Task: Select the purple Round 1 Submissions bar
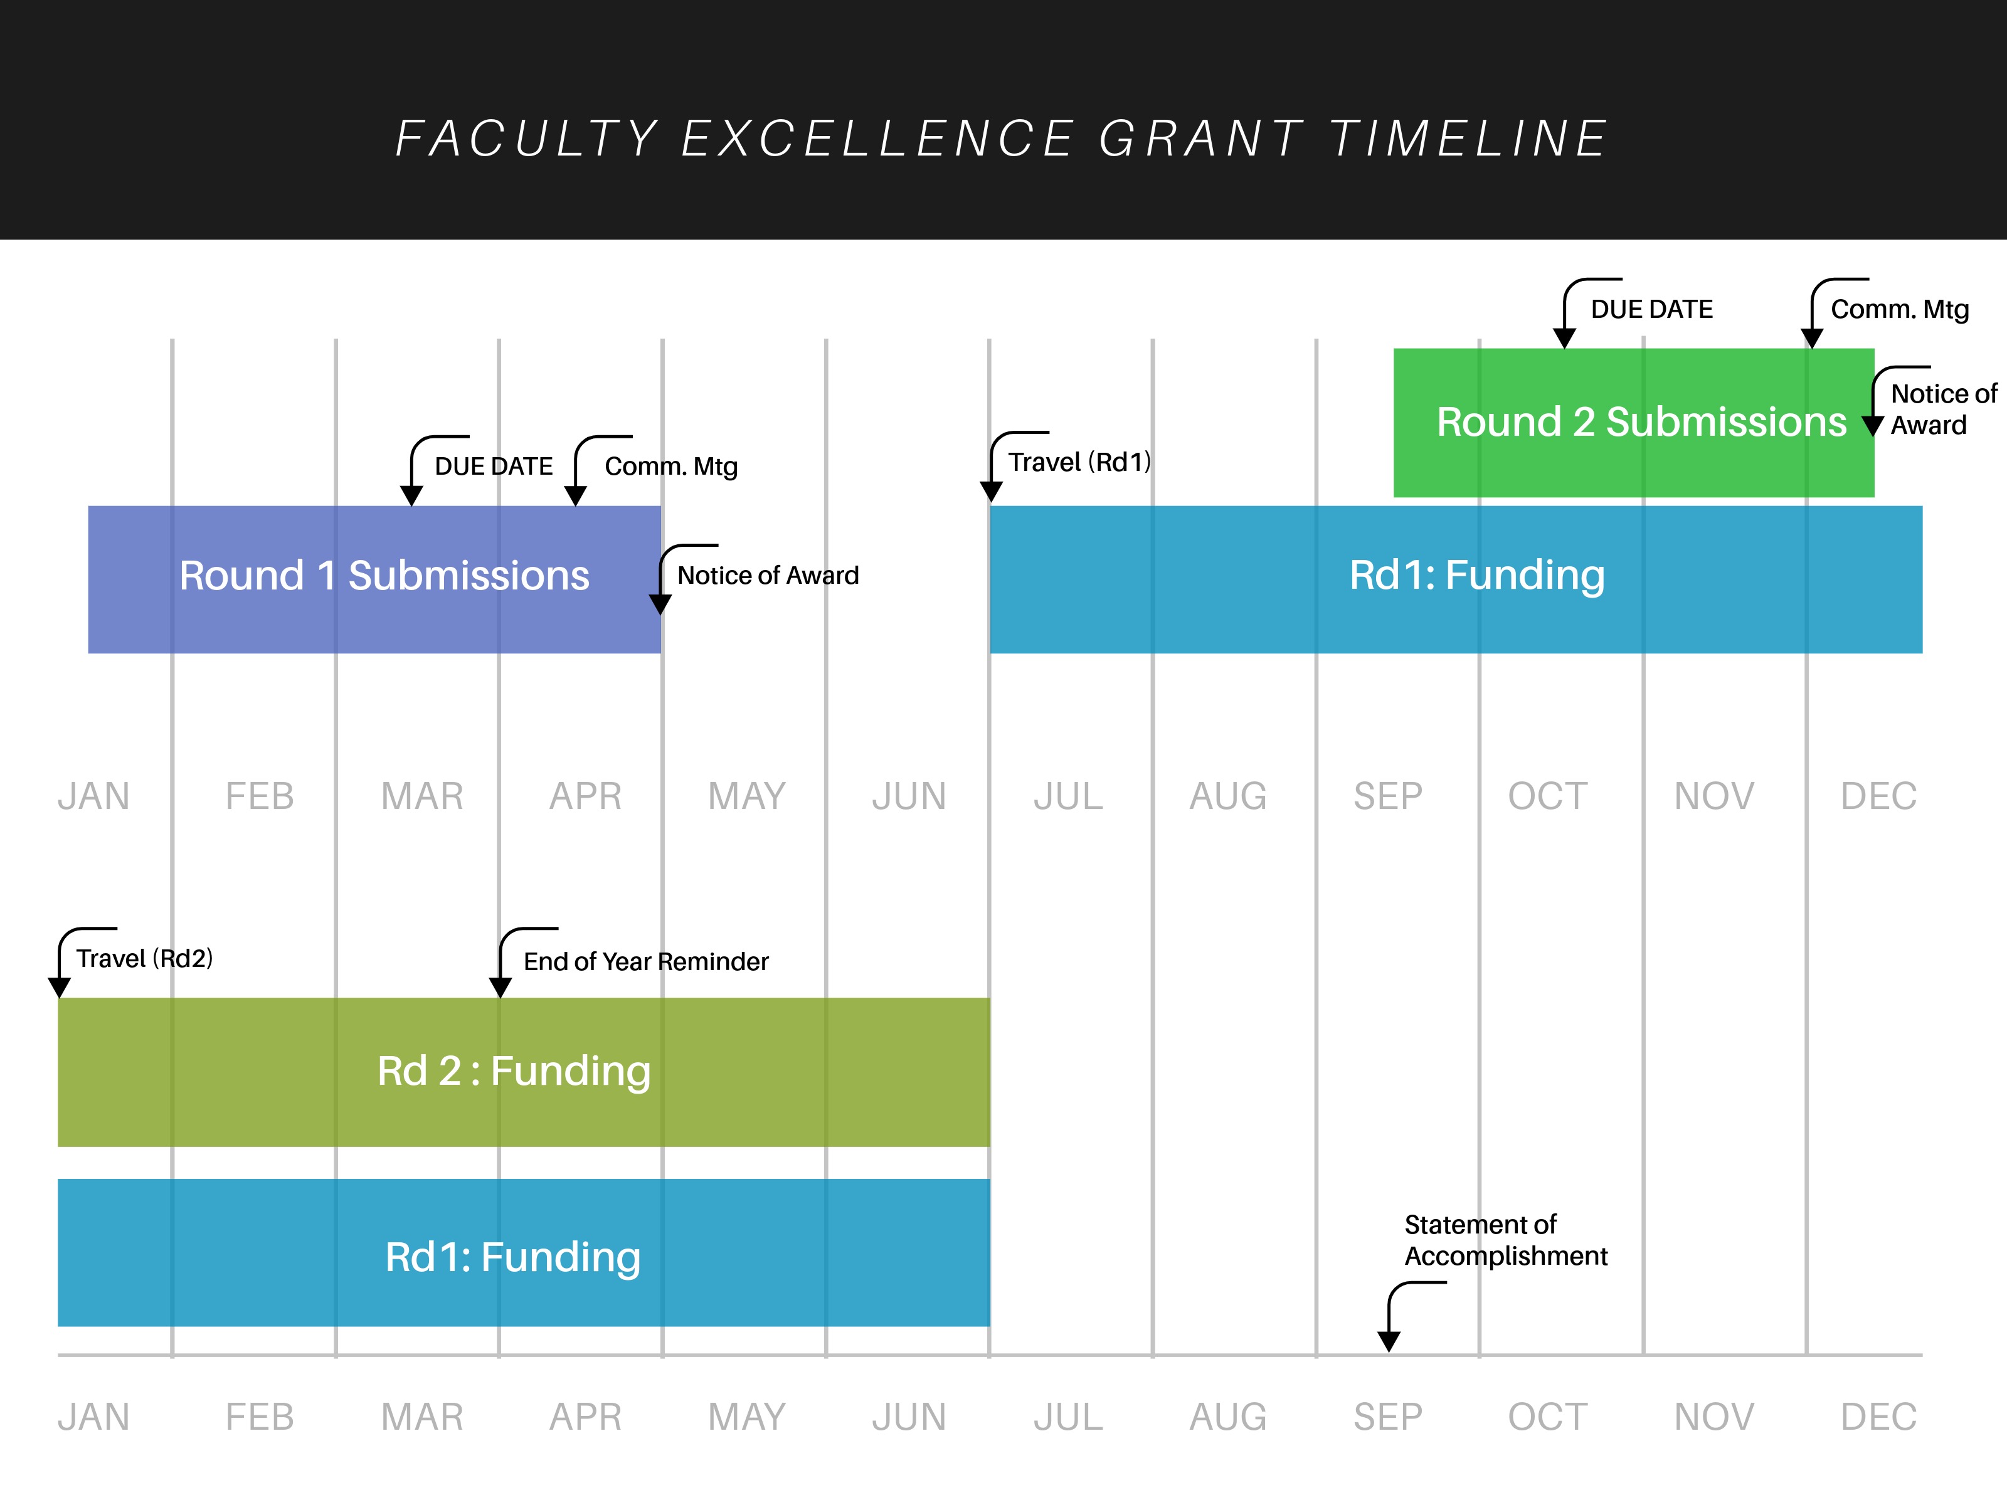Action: coord(374,579)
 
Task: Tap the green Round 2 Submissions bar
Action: coord(1633,423)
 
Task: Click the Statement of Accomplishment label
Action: coord(1505,1240)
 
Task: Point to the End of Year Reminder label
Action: coord(645,961)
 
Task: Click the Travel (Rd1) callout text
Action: coord(1079,463)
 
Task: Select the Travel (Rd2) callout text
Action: coord(144,959)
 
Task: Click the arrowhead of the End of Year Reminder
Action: coord(500,988)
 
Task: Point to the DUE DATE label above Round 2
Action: coord(1651,309)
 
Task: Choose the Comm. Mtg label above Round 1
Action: coord(670,467)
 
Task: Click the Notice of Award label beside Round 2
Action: coord(1942,409)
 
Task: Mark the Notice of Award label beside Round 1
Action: coord(768,576)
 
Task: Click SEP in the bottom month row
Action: coord(1388,1417)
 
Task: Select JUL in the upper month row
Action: coord(1068,796)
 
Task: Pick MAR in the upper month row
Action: coord(422,796)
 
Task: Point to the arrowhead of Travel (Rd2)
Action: coord(59,988)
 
